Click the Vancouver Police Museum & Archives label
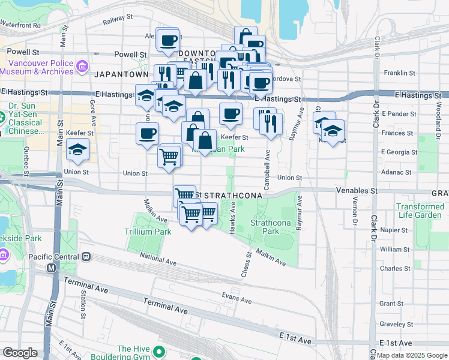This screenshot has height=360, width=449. [36, 66]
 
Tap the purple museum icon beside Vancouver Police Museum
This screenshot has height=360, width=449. [82, 66]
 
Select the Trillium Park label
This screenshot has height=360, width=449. [143, 231]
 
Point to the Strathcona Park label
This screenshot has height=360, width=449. [265, 226]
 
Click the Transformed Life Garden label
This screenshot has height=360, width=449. [420, 211]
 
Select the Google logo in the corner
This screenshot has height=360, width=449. [20, 353]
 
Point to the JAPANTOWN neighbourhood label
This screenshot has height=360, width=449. [121, 74]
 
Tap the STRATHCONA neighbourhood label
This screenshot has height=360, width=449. [231, 196]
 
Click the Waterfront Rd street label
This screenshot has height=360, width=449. [20, 25]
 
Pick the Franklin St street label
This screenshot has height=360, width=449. [400, 73]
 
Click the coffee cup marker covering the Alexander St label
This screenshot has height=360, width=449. [169, 40]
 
